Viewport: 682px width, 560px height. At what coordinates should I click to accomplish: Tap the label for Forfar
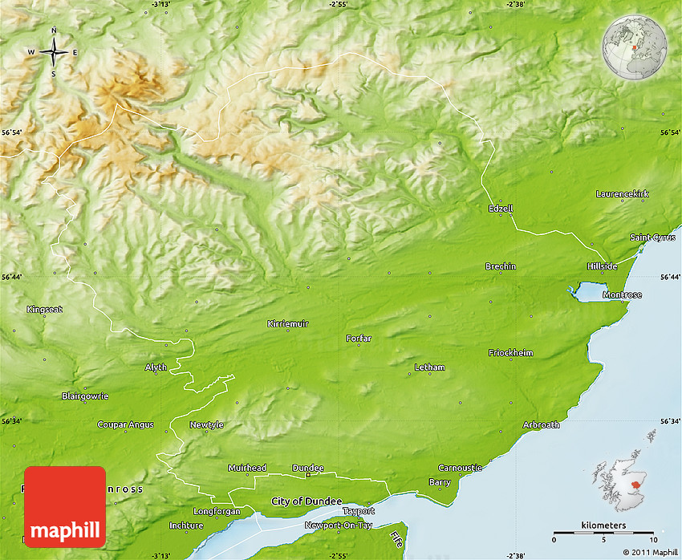point(359,339)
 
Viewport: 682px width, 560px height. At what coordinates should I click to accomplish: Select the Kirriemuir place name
point(287,324)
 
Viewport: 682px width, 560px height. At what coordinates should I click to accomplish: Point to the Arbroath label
point(541,425)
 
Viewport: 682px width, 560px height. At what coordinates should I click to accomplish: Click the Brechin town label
point(501,266)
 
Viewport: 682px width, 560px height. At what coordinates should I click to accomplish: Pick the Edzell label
point(501,209)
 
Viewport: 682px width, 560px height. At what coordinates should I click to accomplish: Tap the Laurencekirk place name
point(623,194)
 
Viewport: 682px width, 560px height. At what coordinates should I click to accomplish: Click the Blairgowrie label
point(85,396)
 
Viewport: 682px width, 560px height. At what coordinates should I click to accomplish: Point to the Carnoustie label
point(461,468)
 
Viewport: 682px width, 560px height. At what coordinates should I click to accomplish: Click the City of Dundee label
point(306,501)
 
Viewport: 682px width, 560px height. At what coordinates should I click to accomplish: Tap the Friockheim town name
point(510,353)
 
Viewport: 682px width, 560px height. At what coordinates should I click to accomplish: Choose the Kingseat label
point(44,310)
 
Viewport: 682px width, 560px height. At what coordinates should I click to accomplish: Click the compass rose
point(54,53)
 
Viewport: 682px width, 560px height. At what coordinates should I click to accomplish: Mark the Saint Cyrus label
point(652,237)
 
